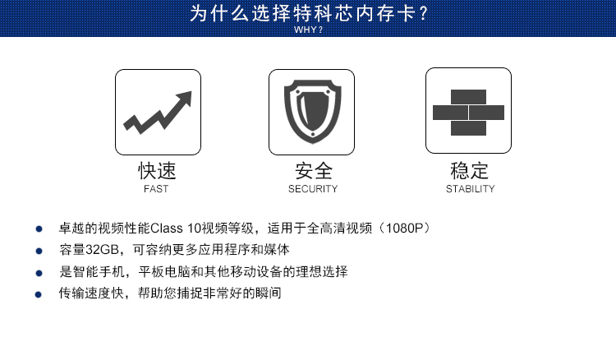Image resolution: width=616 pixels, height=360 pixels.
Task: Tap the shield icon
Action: (x=312, y=112)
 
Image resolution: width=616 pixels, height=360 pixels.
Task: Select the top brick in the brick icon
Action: (x=468, y=97)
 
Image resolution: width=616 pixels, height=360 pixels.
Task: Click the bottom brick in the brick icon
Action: (x=468, y=128)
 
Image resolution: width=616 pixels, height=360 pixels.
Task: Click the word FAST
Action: (x=156, y=189)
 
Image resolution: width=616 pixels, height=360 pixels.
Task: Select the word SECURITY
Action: (x=313, y=189)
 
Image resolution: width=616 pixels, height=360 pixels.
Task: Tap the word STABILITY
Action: (x=471, y=189)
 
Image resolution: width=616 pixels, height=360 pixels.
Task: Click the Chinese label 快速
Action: (x=157, y=171)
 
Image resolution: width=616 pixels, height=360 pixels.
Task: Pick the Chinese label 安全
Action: (x=314, y=171)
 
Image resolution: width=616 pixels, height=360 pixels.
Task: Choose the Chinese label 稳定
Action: (x=469, y=171)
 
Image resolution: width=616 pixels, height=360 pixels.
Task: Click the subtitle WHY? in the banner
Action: (x=308, y=30)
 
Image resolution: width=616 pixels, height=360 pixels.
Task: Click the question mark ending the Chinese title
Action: (x=423, y=13)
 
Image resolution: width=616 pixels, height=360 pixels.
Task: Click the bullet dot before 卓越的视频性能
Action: (x=39, y=228)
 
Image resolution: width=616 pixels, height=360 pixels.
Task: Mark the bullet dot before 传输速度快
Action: (x=38, y=294)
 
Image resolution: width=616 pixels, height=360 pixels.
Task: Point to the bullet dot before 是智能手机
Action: (x=39, y=273)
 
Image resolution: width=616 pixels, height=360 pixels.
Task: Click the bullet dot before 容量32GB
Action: (x=39, y=251)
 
